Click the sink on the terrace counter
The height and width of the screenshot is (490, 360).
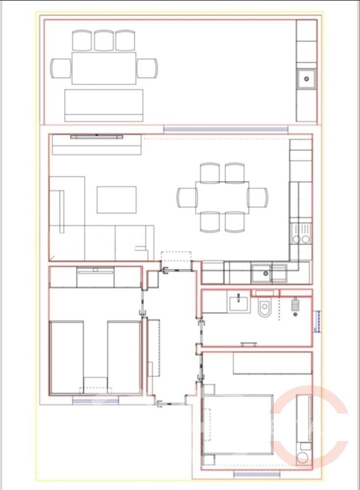[307, 78]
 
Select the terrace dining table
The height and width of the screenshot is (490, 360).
[103, 68]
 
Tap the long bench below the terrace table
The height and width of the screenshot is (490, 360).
[103, 105]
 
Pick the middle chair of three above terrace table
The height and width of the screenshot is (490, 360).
[104, 41]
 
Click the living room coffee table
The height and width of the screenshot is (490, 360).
[116, 199]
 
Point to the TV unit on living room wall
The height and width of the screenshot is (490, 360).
[96, 137]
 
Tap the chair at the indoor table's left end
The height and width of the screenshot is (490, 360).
[186, 197]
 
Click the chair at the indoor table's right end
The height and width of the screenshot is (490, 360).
[257, 197]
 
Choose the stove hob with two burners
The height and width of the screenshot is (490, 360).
[300, 234]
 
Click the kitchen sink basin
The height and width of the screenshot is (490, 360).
[263, 273]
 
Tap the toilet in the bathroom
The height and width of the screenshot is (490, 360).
[265, 309]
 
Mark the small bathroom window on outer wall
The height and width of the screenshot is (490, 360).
[317, 321]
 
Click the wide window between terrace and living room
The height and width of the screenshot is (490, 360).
[225, 129]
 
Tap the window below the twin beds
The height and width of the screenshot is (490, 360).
[96, 400]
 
